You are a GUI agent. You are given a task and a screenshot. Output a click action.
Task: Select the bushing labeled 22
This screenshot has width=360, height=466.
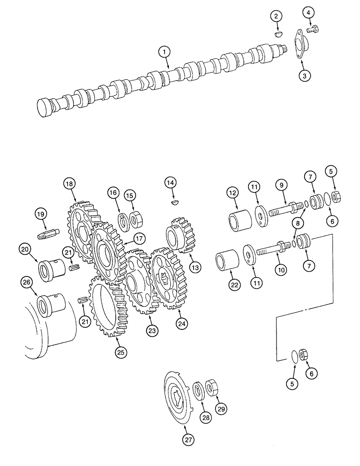225,264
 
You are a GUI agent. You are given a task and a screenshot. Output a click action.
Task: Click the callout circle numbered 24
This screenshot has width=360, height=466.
180,322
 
